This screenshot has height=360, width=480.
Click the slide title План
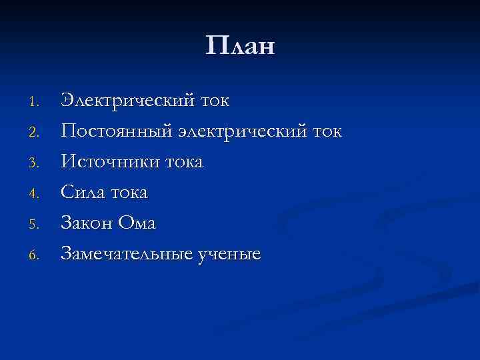tap(240, 47)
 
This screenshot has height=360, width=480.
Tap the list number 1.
tap(37, 103)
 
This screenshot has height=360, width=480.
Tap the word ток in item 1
tap(215, 101)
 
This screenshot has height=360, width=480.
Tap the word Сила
tap(82, 193)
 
